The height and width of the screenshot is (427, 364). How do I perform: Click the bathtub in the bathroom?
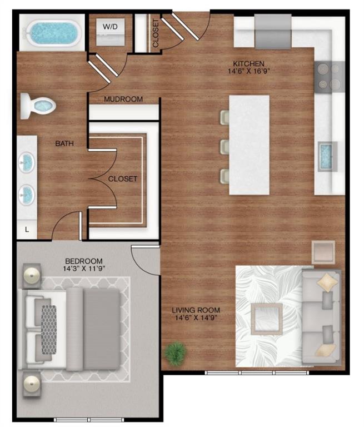pyautogui.click(x=51, y=33)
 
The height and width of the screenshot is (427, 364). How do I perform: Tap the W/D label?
pyautogui.click(x=108, y=26)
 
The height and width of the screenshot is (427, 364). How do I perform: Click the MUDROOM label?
pyautogui.click(x=123, y=100)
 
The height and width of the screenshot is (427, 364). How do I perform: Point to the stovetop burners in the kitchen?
pyautogui.click(x=329, y=77)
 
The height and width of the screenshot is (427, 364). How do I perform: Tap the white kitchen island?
pyautogui.click(x=249, y=145)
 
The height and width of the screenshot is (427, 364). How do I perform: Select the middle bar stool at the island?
pyautogui.click(x=225, y=147)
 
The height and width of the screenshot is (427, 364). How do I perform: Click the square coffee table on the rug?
pyautogui.click(x=265, y=319)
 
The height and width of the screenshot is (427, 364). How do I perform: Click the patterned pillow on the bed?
pyautogui.click(x=49, y=329)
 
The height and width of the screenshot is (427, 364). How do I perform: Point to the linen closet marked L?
pyautogui.click(x=26, y=229)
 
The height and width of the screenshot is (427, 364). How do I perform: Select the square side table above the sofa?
pyautogui.click(x=323, y=251)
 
